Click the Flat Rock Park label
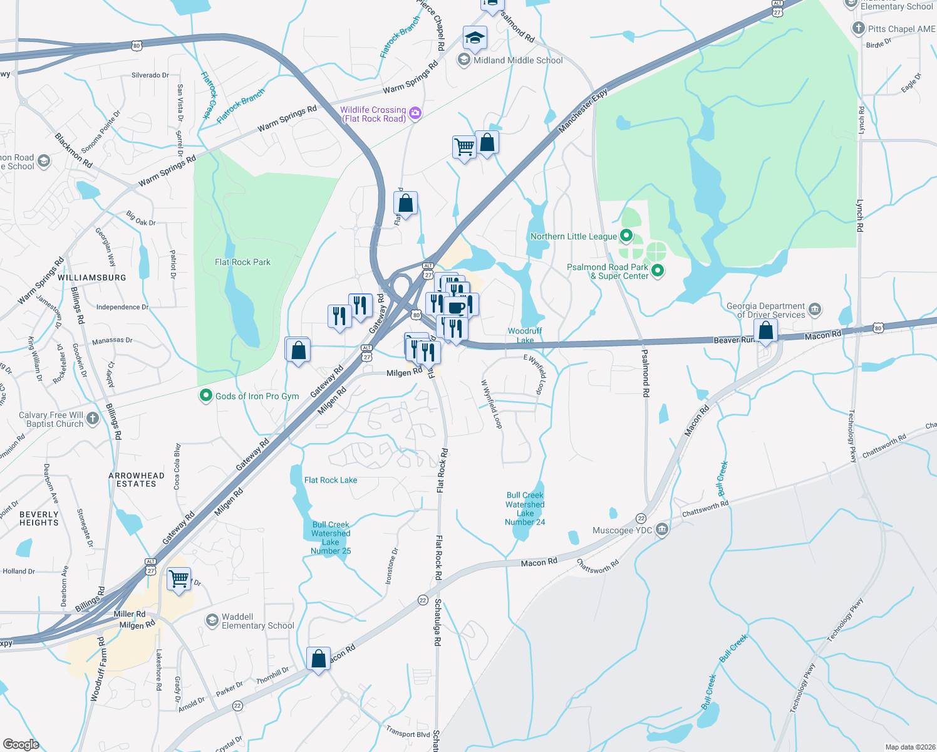coord(242,262)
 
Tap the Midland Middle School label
coord(518,60)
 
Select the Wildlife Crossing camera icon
coord(415,113)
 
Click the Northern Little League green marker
coord(626,236)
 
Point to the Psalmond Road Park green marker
coord(657,271)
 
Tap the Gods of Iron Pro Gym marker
coord(205,395)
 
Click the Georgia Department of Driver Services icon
coord(815,310)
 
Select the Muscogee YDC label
coord(623,530)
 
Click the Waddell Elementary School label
coord(257,621)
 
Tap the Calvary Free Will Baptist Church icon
coord(93,419)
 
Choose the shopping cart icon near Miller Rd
coord(179,578)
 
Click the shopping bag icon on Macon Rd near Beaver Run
coord(765,330)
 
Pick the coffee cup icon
coord(457,307)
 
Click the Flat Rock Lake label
coord(331,480)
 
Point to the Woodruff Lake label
coord(525,335)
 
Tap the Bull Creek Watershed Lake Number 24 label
coord(525,508)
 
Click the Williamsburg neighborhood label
coord(91,277)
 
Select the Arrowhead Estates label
coord(137,479)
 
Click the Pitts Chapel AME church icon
coord(858,28)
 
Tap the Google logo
coord(21,744)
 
